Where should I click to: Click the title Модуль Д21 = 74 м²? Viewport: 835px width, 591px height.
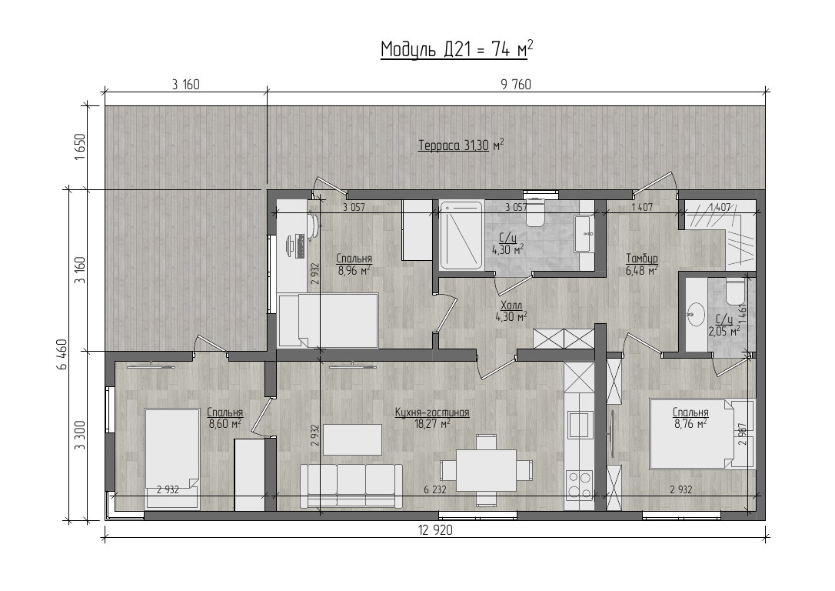457,49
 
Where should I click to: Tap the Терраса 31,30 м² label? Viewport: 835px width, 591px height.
461,145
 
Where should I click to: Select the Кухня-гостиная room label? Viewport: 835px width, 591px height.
432,412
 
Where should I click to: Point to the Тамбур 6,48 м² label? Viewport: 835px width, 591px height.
642,264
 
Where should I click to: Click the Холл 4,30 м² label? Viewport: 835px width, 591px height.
511,311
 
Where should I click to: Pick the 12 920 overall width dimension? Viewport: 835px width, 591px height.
436,530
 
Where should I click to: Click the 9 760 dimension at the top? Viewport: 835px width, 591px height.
516,85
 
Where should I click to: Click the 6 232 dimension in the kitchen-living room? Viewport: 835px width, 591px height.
434,489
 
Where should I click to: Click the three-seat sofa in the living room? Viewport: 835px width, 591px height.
351,486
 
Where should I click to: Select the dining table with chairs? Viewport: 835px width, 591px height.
486,470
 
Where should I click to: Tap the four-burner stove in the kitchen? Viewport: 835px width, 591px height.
580,484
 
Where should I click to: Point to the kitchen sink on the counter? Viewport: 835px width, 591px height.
580,425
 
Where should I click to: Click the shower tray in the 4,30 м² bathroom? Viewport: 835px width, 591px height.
461,235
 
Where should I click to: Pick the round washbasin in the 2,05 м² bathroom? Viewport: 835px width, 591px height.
696,313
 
